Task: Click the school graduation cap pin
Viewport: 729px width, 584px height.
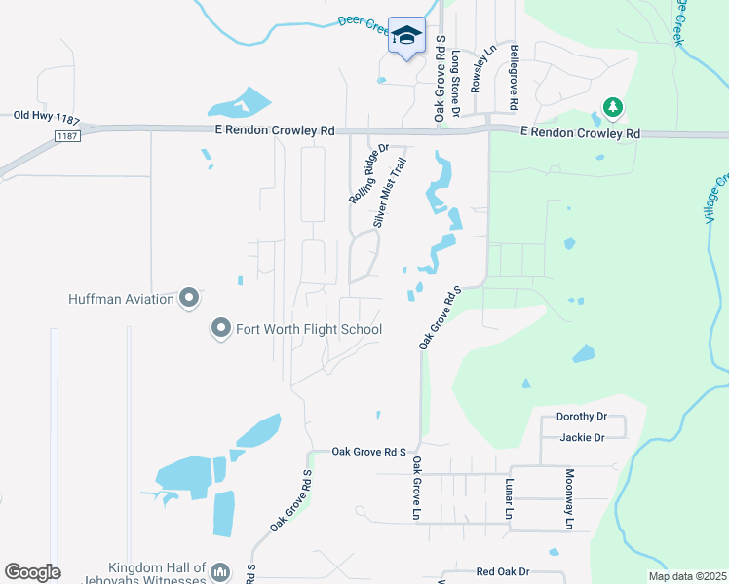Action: pyautogui.click(x=406, y=37)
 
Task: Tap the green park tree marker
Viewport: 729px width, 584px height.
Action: pyautogui.click(x=612, y=106)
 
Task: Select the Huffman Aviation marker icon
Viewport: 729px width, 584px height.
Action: pyautogui.click(x=189, y=298)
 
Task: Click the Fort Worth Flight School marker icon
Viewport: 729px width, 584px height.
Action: pyautogui.click(x=220, y=329)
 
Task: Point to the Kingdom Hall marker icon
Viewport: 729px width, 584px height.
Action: pyautogui.click(x=220, y=571)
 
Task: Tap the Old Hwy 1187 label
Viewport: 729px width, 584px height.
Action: pyautogui.click(x=47, y=116)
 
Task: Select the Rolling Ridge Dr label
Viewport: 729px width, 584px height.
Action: pyautogui.click(x=368, y=174)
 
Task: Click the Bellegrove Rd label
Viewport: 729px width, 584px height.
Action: pyautogui.click(x=513, y=76)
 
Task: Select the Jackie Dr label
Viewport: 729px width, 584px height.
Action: pyautogui.click(x=582, y=437)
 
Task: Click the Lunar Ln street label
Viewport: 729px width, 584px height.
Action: pyautogui.click(x=509, y=497)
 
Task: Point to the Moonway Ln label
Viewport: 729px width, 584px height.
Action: pyautogui.click(x=569, y=498)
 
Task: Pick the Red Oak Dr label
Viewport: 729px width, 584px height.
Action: pyautogui.click(x=502, y=572)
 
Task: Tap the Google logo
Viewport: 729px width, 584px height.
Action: pyautogui.click(x=32, y=572)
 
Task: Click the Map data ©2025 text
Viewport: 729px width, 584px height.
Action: pyautogui.click(x=686, y=576)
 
